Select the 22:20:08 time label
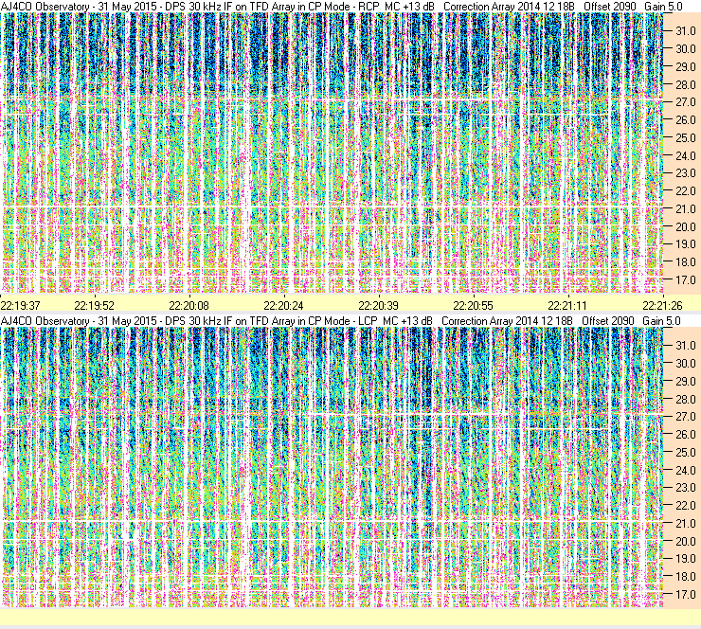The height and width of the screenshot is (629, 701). click(x=189, y=305)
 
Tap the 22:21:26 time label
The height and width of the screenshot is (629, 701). click(x=663, y=305)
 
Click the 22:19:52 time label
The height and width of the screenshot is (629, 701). click(x=95, y=305)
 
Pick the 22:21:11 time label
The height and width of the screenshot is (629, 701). click(x=567, y=305)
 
